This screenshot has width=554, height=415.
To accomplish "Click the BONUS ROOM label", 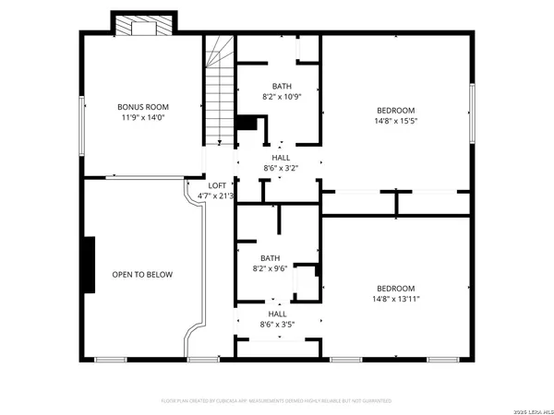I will [143, 107].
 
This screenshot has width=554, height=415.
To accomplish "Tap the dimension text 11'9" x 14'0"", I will [143, 118].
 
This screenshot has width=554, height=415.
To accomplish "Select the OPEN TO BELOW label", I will [142, 274].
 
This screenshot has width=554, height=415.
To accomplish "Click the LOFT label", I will [216, 185].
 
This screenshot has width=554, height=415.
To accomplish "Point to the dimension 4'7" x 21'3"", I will [216, 196].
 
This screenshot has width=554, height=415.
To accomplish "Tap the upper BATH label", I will [280, 87].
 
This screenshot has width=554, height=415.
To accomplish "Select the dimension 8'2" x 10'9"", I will [280, 97].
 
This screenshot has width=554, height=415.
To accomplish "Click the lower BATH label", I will [270, 258].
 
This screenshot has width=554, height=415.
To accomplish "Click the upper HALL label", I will [280, 158].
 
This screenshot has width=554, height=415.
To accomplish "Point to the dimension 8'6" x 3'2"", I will [280, 168].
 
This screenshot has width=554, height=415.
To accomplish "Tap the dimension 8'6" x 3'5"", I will [277, 325].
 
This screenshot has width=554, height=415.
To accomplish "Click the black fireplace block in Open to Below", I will [90, 266].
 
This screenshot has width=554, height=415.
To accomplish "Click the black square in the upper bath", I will [247, 125].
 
